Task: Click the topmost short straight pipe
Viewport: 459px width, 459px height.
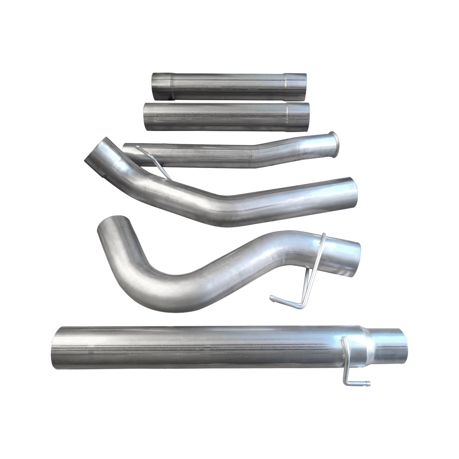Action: [x=229, y=87]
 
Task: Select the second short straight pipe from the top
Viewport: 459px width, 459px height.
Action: [x=227, y=117]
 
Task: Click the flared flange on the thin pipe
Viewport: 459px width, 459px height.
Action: [x=334, y=142]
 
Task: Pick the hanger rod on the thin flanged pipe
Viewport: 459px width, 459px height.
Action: [x=155, y=162]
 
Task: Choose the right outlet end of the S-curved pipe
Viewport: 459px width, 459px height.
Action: [x=354, y=259]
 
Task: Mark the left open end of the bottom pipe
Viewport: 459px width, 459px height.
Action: [x=56, y=347]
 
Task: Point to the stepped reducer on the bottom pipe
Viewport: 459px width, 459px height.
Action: [x=368, y=345]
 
